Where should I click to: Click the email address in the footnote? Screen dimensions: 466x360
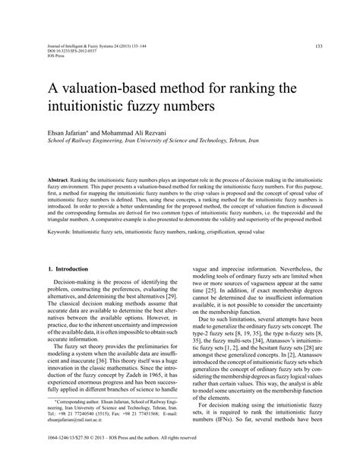[77, 436]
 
